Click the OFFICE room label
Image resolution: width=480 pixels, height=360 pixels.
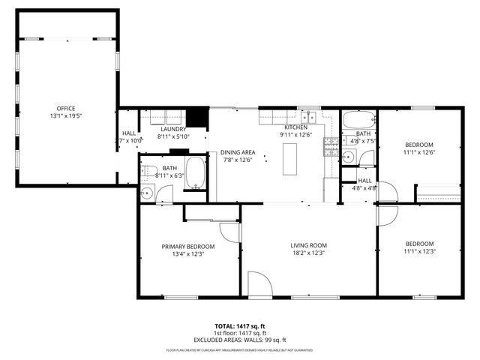click(x=66, y=109)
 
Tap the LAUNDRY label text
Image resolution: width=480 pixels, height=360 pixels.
click(x=172, y=129)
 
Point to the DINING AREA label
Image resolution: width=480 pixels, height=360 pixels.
click(x=238, y=152)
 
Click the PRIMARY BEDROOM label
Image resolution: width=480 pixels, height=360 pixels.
click(x=188, y=246)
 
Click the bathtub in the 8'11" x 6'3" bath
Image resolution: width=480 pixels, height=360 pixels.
click(x=195, y=174)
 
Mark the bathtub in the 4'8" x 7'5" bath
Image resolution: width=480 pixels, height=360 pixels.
click(x=358, y=120)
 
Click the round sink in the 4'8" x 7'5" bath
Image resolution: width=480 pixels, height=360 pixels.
click(x=348, y=157)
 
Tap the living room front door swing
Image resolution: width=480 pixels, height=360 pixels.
click(x=259, y=285)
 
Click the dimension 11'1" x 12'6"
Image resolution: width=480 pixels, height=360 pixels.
click(x=420, y=152)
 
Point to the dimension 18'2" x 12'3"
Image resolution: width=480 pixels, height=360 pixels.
click(x=309, y=253)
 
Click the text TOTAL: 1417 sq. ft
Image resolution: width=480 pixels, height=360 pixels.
click(x=240, y=326)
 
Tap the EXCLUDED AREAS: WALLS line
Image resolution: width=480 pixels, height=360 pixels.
click(x=240, y=340)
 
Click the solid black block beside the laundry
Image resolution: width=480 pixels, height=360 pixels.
click(x=196, y=118)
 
